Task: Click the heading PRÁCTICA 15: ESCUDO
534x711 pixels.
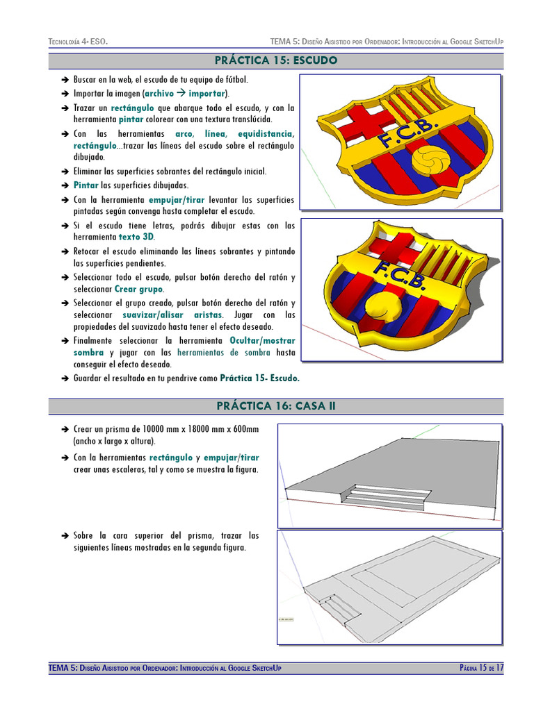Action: point(275,60)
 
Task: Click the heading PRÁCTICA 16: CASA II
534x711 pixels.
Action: point(275,406)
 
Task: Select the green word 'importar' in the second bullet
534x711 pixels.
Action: point(207,93)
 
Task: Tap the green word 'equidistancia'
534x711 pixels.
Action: point(266,133)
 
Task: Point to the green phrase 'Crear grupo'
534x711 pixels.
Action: point(139,289)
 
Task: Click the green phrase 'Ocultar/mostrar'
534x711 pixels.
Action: point(262,341)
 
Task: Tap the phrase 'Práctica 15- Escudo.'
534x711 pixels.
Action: point(259,378)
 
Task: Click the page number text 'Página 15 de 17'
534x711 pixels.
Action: point(481,668)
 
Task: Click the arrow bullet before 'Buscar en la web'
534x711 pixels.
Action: point(64,81)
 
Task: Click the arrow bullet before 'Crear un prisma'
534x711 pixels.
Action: point(64,429)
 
